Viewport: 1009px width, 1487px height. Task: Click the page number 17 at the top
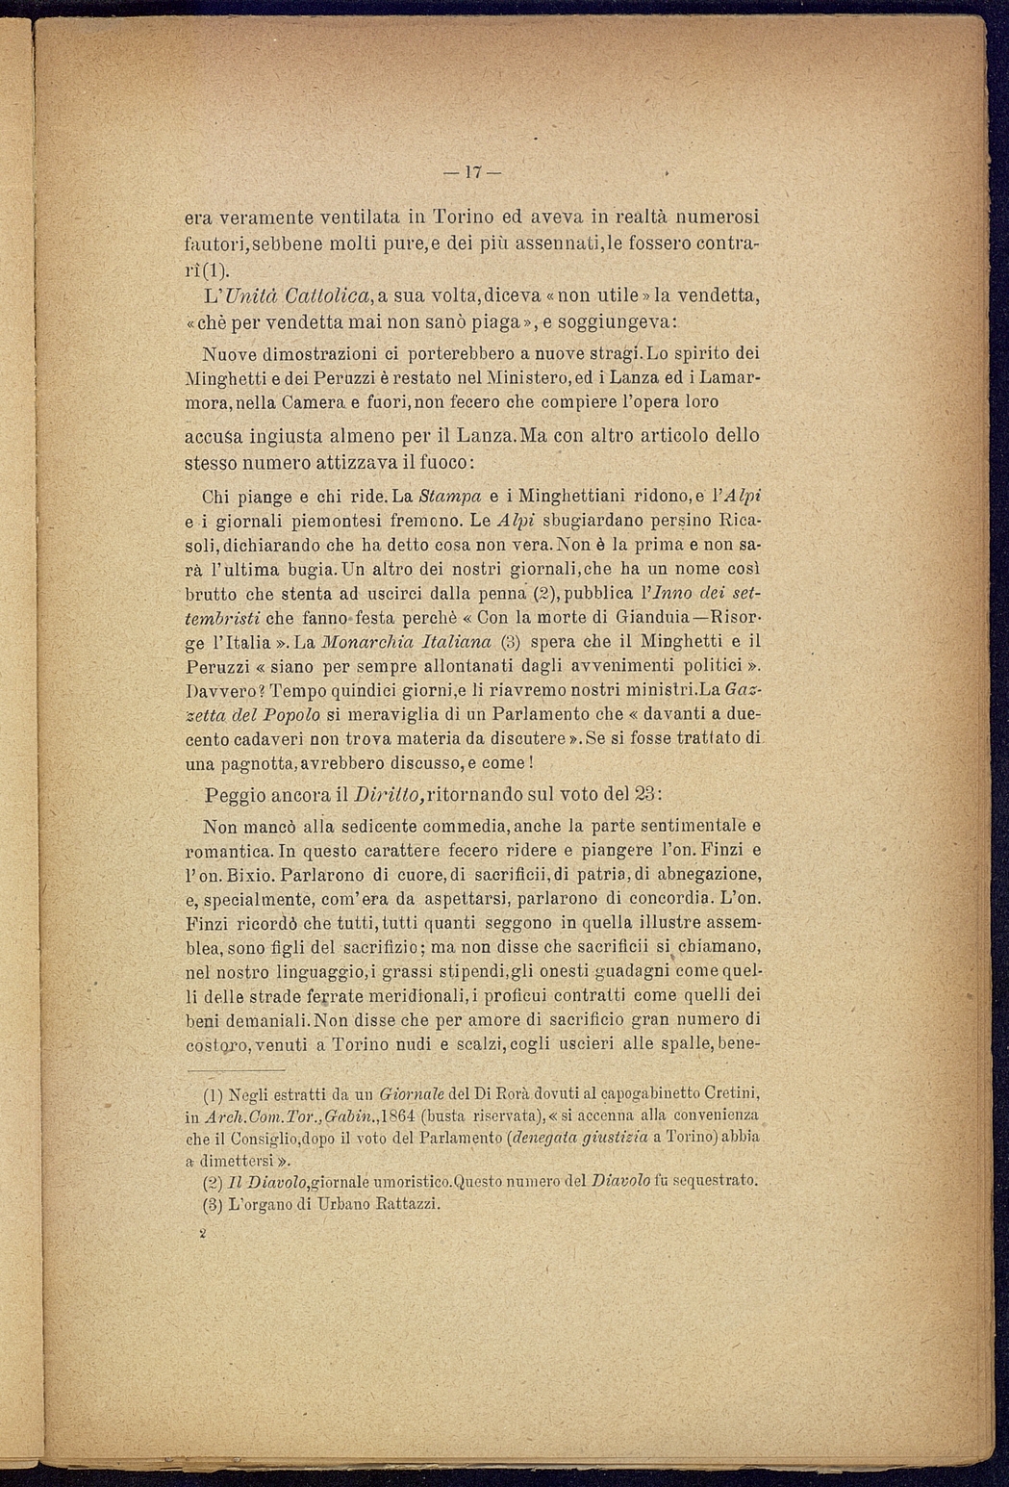(x=471, y=174)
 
